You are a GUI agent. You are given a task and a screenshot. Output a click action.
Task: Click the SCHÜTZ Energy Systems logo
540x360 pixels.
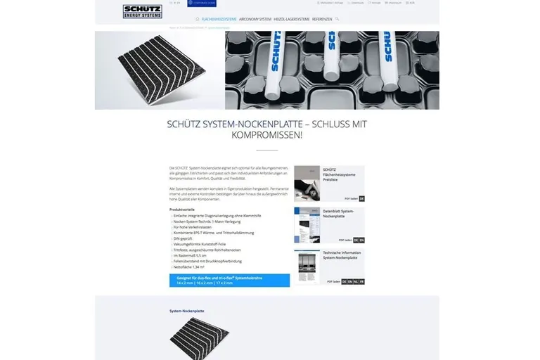pos(143,11)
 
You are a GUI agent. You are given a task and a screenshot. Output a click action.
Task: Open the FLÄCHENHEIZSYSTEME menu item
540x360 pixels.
pos(219,19)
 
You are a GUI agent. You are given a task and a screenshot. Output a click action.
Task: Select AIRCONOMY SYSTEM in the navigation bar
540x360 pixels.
pos(255,19)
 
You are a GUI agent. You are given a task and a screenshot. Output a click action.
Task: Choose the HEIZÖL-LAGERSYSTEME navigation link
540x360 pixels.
pos(291,19)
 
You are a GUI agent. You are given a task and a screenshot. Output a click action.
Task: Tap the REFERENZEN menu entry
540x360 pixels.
pos(322,19)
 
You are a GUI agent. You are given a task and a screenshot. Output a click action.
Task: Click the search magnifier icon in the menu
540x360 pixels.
pos(337,19)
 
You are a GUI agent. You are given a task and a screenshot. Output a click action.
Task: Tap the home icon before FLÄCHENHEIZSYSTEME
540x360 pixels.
pos(198,19)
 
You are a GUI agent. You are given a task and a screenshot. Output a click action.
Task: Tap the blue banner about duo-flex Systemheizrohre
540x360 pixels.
pos(229,280)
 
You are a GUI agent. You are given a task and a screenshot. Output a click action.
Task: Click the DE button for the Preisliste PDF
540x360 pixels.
pos(361,198)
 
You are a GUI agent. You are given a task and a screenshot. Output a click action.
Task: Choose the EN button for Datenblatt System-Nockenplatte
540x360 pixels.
pos(361,240)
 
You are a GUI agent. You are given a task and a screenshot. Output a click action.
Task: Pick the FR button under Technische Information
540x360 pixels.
pos(361,281)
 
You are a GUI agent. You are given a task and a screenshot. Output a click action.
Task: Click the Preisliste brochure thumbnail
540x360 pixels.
pos(307,184)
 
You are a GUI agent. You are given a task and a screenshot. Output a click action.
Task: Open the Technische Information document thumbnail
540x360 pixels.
pos(307,266)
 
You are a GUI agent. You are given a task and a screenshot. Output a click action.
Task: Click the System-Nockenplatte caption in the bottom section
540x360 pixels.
pos(186,311)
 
